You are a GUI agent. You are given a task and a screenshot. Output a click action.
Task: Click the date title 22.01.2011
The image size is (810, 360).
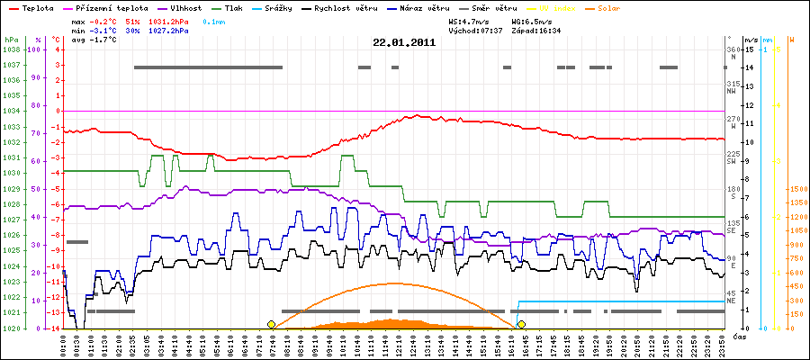click(x=405, y=42)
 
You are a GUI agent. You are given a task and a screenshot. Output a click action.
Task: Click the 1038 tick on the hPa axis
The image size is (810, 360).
click(x=12, y=49)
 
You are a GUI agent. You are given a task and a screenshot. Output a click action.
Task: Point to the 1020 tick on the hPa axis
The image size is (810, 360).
click(x=12, y=328)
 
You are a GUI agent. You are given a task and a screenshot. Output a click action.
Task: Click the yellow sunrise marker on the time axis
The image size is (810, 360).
click(x=271, y=324)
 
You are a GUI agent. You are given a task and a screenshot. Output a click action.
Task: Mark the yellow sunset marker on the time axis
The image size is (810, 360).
click(x=521, y=324)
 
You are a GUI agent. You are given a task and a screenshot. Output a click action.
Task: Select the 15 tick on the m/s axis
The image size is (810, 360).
click(x=749, y=49)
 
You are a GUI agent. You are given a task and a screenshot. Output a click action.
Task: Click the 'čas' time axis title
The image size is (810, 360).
click(x=738, y=337)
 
